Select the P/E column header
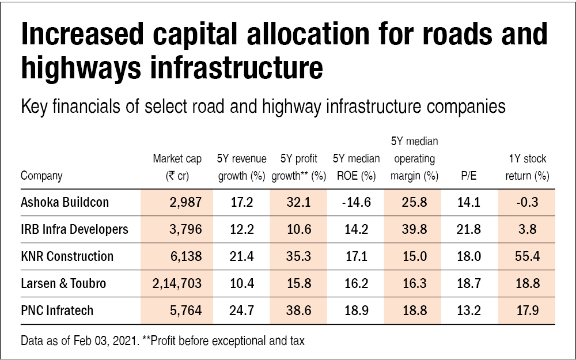point(468,176)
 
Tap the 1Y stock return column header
point(526,167)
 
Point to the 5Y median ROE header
point(356,167)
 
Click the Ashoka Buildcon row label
point(65,202)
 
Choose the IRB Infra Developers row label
point(74,229)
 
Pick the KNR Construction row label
point(67,256)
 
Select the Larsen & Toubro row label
point(63,283)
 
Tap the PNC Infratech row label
point(57,311)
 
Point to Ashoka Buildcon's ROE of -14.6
point(356,202)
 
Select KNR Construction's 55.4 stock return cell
point(525,256)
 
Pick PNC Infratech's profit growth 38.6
point(299,311)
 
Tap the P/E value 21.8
point(468,229)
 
